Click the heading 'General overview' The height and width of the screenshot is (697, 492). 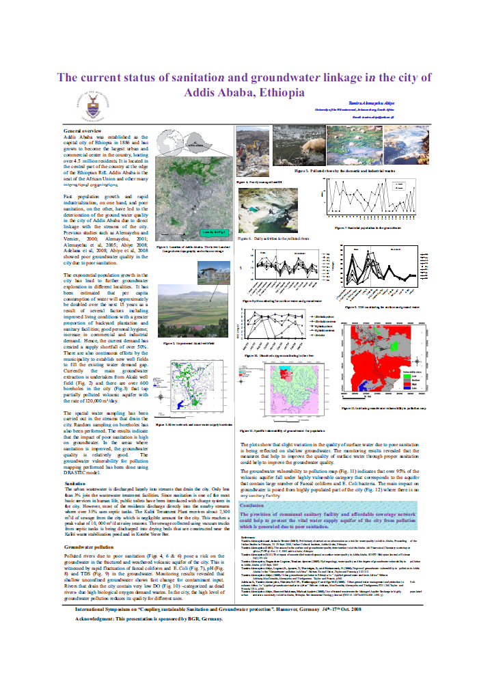point(82,131)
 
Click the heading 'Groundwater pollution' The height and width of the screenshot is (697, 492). point(90,548)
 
